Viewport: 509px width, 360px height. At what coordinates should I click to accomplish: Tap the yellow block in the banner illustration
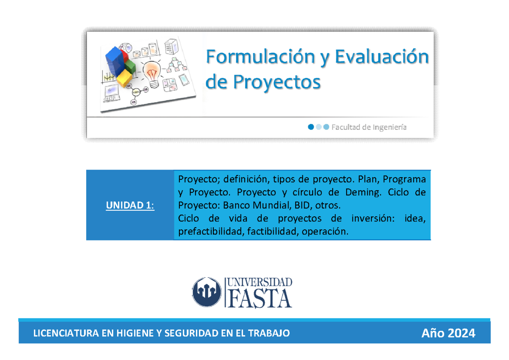coord(124,78)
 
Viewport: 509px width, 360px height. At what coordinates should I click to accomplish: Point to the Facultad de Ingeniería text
coord(369,127)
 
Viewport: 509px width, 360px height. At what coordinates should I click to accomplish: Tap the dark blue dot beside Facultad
coord(311,127)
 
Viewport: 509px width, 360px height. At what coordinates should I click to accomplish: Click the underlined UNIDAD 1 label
coord(130,206)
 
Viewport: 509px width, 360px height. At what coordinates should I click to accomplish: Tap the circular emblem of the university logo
coord(207,292)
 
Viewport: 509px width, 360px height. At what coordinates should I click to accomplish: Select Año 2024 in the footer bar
coord(448,333)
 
